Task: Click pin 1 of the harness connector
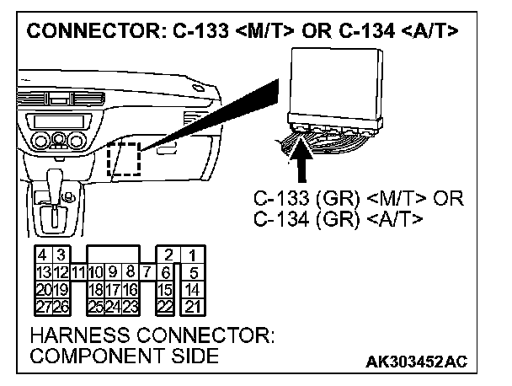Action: [x=194, y=255]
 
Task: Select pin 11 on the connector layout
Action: [x=77, y=271]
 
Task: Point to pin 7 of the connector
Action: [x=146, y=271]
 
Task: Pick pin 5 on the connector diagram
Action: [x=194, y=271]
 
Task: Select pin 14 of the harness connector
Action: [x=194, y=288]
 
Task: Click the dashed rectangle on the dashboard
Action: [x=124, y=159]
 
